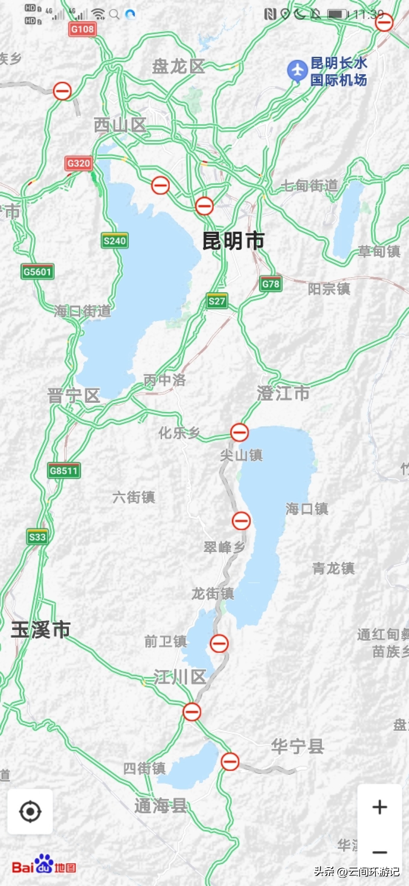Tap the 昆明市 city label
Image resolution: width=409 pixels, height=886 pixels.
click(233, 241)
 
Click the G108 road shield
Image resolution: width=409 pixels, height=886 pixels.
click(82, 29)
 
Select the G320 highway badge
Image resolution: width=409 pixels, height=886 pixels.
click(79, 163)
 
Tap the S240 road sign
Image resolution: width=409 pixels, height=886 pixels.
click(115, 241)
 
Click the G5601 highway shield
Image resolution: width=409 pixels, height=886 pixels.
click(37, 272)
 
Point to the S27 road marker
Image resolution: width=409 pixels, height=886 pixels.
click(217, 301)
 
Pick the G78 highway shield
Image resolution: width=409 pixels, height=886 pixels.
click(271, 284)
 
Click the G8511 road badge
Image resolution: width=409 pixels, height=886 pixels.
click(64, 470)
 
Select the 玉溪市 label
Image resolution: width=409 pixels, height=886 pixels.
click(41, 630)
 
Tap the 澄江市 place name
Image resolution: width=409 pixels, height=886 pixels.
click(283, 393)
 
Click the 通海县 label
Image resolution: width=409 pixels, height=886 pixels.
click(161, 805)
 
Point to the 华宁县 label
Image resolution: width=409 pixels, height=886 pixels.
click(297, 747)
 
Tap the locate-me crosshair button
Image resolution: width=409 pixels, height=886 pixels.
click(30, 812)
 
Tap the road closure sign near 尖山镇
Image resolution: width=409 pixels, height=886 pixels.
click(239, 432)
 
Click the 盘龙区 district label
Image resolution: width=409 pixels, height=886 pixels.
click(178, 66)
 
